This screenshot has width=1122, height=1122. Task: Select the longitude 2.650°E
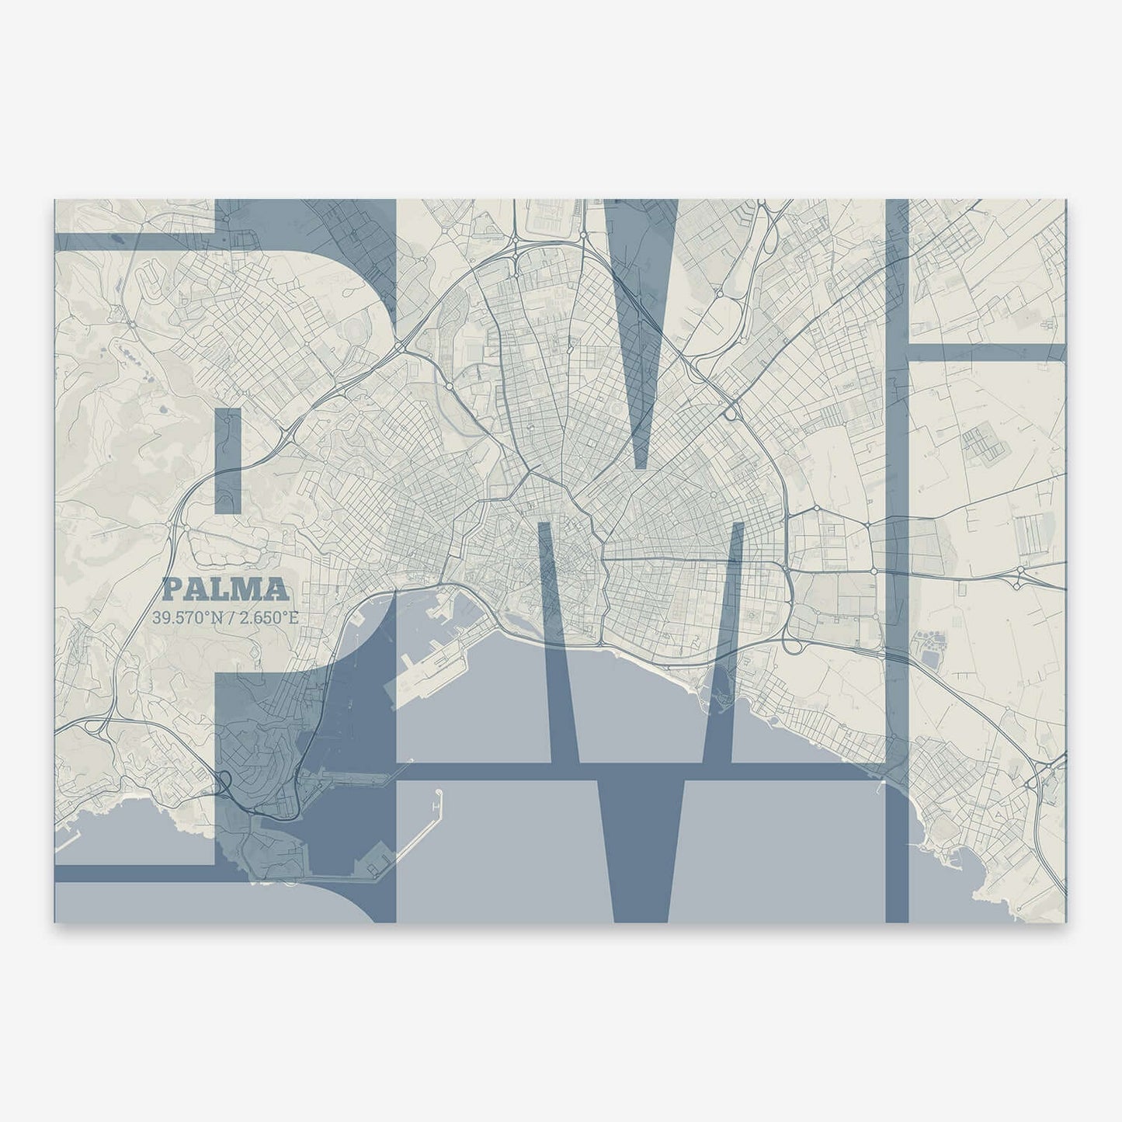[x=263, y=618]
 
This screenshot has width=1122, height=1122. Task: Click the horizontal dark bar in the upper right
[x=986, y=353]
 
